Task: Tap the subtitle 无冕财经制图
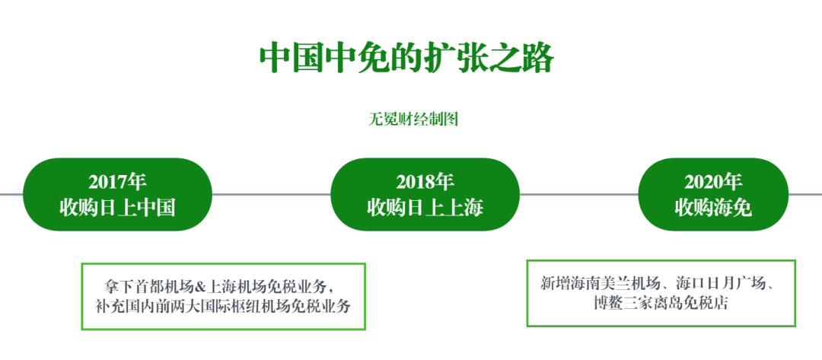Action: click(x=413, y=119)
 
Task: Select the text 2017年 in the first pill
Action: click(x=117, y=183)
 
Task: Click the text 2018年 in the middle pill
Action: click(x=425, y=183)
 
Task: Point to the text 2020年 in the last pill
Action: click(x=713, y=183)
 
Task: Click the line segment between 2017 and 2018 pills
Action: click(x=271, y=194)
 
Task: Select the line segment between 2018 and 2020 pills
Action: click(x=578, y=194)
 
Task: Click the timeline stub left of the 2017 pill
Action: click(x=11, y=194)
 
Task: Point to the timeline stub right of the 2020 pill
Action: click(x=805, y=194)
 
